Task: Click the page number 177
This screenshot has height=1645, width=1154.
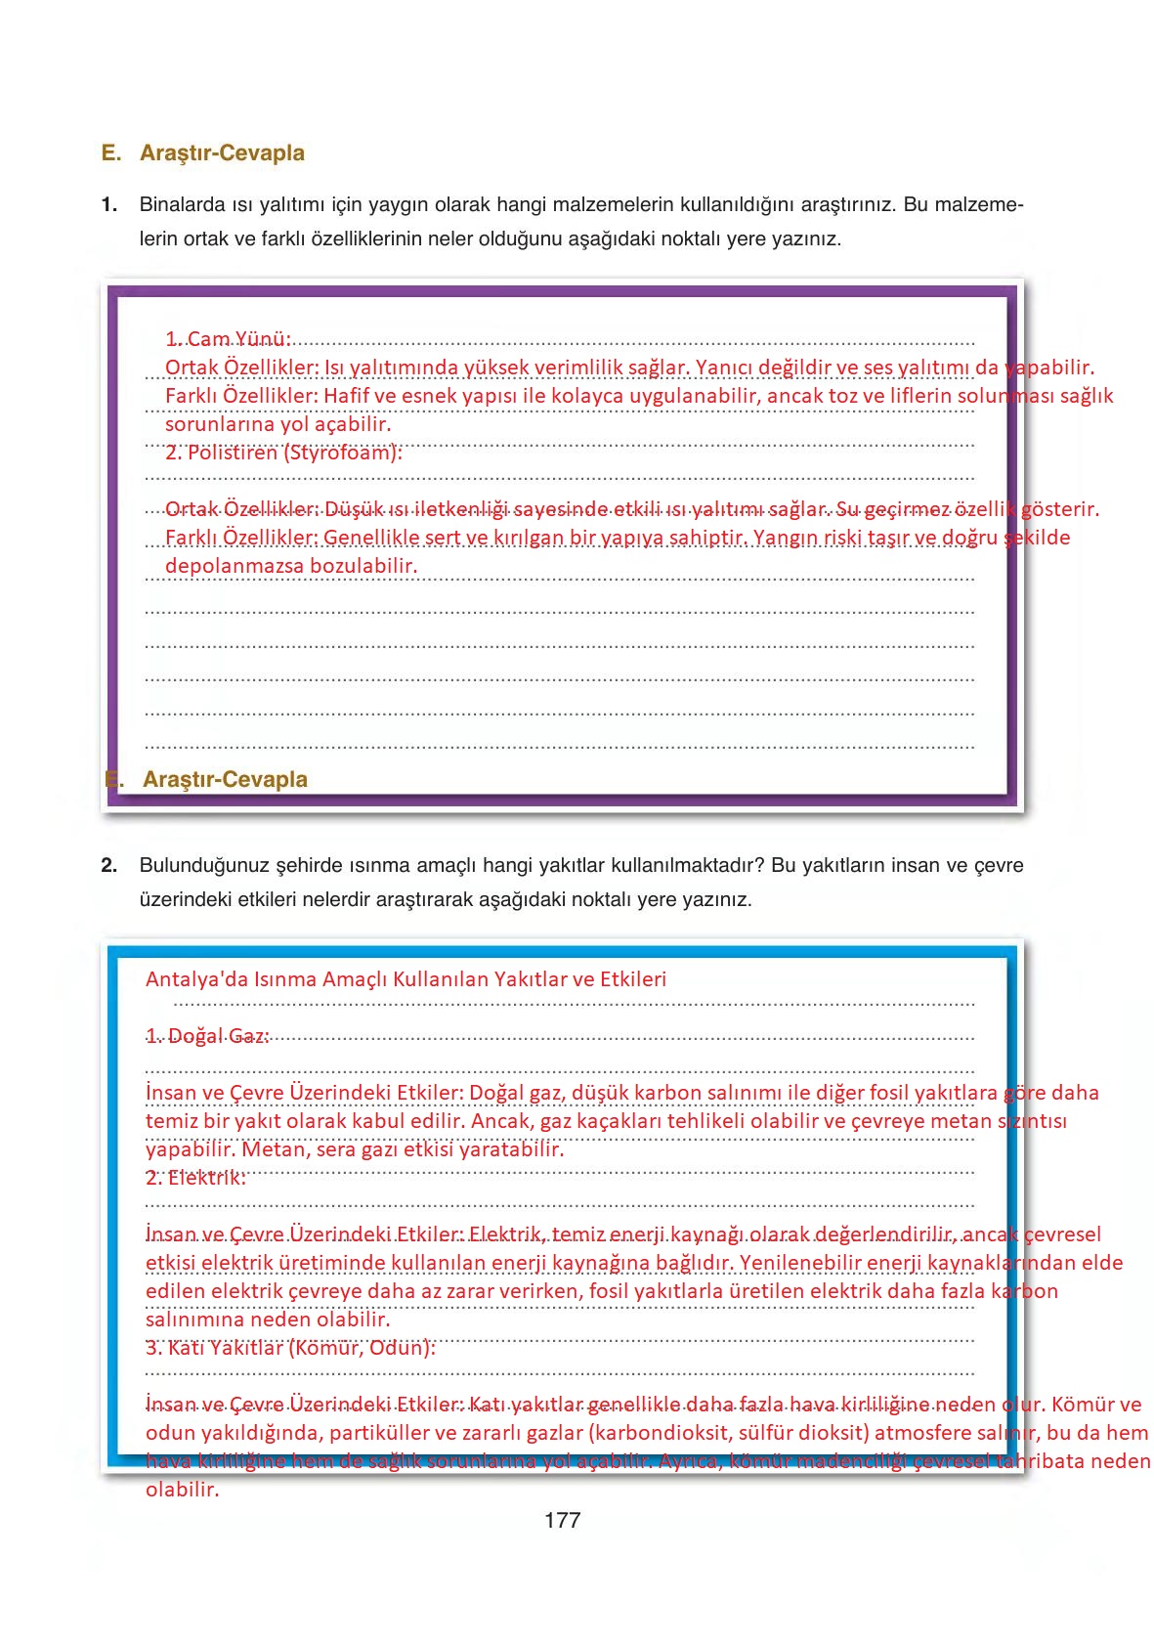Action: [562, 1520]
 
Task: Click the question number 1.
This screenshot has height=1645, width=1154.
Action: [108, 205]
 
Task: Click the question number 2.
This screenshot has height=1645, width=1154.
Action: [108, 865]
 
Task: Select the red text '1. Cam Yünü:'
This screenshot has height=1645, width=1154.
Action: [228, 339]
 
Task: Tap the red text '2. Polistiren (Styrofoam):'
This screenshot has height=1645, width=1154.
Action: [283, 453]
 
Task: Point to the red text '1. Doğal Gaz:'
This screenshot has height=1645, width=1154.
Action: [207, 1036]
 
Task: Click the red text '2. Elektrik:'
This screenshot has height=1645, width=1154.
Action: [195, 1178]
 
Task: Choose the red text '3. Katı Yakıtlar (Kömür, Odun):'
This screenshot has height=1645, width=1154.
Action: [290, 1348]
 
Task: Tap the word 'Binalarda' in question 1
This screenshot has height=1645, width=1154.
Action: [180, 205]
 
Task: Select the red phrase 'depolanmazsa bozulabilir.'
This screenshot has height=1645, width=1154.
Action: [291, 566]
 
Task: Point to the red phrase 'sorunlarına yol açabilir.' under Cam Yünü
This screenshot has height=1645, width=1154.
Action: [278, 424]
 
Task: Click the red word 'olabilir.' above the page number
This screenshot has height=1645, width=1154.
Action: [182, 1491]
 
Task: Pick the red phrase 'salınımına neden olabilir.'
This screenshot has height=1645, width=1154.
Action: [268, 1320]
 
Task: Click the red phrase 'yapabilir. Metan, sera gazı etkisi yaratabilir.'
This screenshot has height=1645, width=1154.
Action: [355, 1149]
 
